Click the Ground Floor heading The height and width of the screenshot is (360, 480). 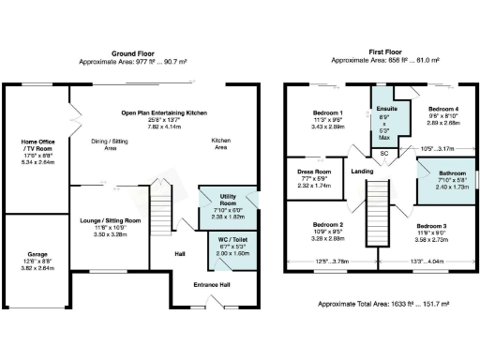point(130,52)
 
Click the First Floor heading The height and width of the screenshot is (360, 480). point(385,52)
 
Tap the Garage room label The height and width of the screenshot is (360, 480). point(37,254)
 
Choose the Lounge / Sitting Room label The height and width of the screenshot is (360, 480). point(117,220)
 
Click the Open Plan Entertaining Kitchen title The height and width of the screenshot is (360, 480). point(163,112)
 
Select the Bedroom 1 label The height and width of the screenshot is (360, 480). point(328,112)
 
